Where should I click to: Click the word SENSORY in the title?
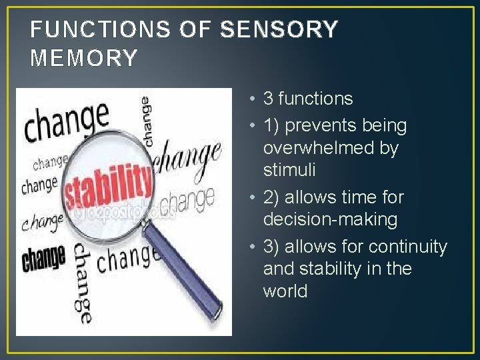pyautogui.click(x=279, y=29)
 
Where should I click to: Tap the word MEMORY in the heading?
pyautogui.click(x=84, y=58)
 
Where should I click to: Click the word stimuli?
pyautogui.click(x=289, y=170)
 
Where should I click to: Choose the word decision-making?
pyautogui.click(x=330, y=219)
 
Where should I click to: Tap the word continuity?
pyautogui.click(x=408, y=247)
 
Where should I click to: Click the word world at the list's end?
pyautogui.click(x=285, y=291)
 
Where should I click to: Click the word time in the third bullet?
pyautogui.click(x=360, y=197)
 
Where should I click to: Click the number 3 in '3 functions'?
pyautogui.click(x=268, y=99)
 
